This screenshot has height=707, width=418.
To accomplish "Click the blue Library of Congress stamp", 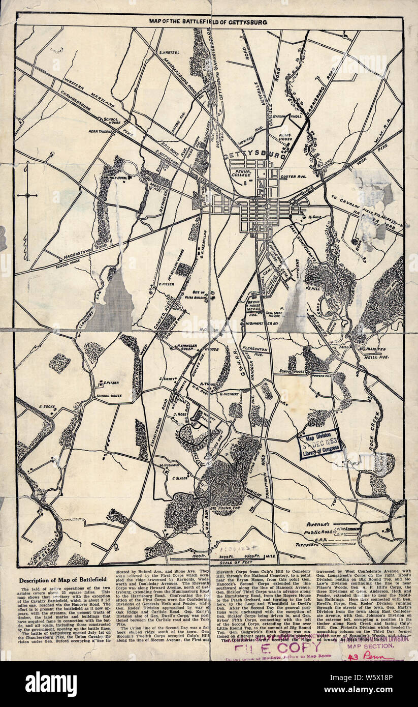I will tap(319, 442).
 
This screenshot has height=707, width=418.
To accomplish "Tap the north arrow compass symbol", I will tap(27, 195).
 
